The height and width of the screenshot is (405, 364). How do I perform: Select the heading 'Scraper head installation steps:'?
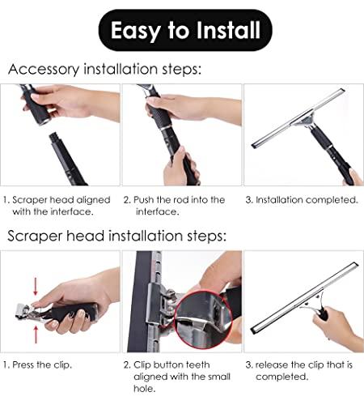[x=117, y=237]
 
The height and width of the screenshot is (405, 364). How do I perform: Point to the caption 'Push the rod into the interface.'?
[x=175, y=205]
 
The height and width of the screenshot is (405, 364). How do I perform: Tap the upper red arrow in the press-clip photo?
[x=19, y=283]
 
